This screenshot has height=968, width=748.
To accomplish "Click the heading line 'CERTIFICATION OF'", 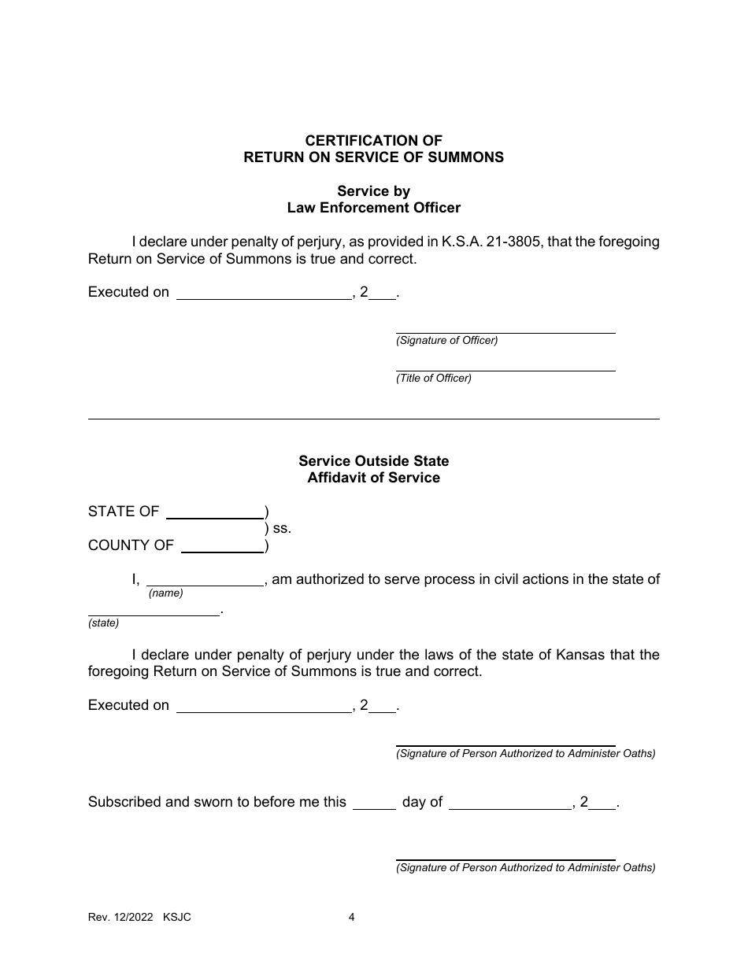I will coord(373,141).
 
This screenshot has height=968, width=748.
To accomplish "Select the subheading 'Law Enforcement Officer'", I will coord(373,209).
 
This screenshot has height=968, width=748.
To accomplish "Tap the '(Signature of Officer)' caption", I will coord(446,341).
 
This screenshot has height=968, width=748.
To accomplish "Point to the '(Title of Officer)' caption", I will coord(434,379).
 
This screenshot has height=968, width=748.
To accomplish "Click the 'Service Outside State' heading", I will coord(373,461).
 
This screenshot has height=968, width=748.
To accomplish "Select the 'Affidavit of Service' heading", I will coord(373,478).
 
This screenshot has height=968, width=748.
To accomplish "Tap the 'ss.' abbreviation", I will coord(282,529).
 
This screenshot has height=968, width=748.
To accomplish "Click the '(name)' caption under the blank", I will coord(165,593).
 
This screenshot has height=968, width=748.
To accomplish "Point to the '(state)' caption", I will coord(103,623).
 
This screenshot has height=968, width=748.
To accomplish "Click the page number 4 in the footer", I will coord(352,918).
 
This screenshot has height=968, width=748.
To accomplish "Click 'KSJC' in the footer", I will coord(177,918).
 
